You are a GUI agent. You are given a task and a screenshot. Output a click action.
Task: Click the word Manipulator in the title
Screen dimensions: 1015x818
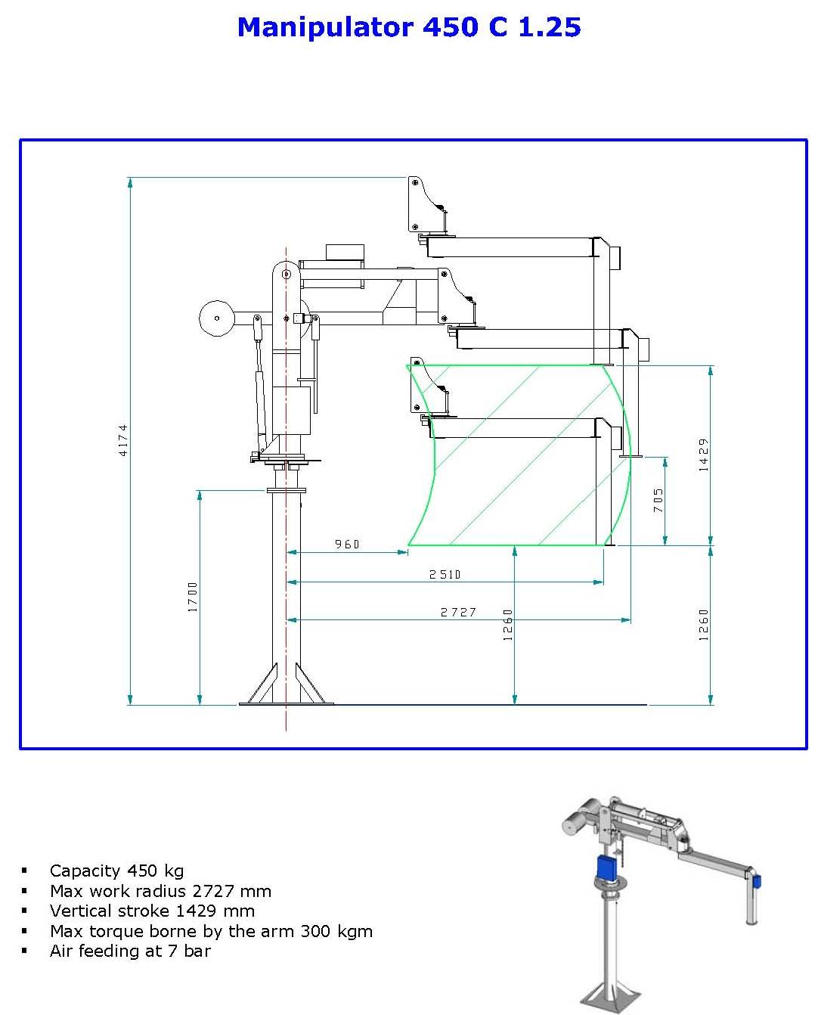[325, 27]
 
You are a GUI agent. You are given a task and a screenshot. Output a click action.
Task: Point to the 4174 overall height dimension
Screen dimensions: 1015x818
[124, 439]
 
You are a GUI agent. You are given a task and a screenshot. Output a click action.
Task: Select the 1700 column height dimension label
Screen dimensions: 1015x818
[193, 597]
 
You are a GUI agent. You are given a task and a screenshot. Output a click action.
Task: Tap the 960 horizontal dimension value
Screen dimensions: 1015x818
[347, 544]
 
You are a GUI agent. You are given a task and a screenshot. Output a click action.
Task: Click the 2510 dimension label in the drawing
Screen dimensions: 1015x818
[445, 574]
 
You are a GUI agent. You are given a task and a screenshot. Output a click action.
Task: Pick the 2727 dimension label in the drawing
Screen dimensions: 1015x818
[458, 612]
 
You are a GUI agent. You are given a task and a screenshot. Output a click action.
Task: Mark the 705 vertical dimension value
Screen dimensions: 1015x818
[658, 500]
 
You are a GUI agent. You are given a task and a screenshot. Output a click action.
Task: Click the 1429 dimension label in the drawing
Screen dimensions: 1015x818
[704, 455]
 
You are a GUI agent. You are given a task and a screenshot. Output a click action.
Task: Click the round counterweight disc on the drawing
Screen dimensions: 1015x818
[216, 317]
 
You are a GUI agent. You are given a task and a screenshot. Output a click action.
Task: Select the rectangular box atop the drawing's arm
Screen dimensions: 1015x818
[345, 253]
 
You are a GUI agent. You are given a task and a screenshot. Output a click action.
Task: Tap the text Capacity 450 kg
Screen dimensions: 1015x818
[116, 871]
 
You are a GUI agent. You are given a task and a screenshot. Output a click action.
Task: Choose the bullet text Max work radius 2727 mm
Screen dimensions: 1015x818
[160, 891]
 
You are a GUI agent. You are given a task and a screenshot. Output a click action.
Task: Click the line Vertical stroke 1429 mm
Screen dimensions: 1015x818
[152, 911]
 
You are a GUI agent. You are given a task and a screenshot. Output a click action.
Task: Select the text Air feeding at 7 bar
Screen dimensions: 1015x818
[130, 951]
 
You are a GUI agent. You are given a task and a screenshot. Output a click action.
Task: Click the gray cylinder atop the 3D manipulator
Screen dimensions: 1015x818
[578, 818]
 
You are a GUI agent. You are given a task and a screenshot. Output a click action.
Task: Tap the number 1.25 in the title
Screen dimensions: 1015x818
[550, 27]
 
